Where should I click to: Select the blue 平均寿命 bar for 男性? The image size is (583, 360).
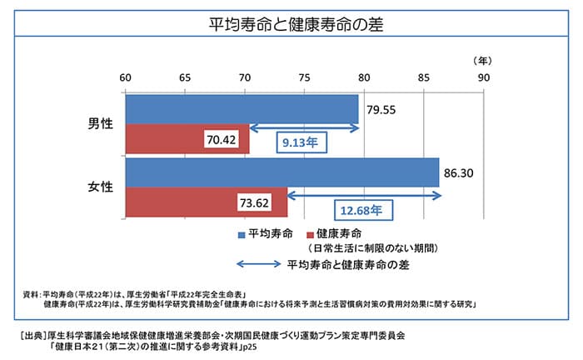[x=242, y=109]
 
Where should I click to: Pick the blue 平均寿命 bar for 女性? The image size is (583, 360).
[x=282, y=172]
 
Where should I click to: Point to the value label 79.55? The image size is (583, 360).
[x=381, y=109]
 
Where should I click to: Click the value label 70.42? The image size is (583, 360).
[x=222, y=139]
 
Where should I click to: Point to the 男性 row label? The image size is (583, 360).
[x=100, y=124]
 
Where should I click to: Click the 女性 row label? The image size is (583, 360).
[x=100, y=187]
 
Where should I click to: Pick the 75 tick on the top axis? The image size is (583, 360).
[x=304, y=77]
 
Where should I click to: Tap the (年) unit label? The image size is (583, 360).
[x=482, y=61]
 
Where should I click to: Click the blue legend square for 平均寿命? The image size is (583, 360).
[x=242, y=234]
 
